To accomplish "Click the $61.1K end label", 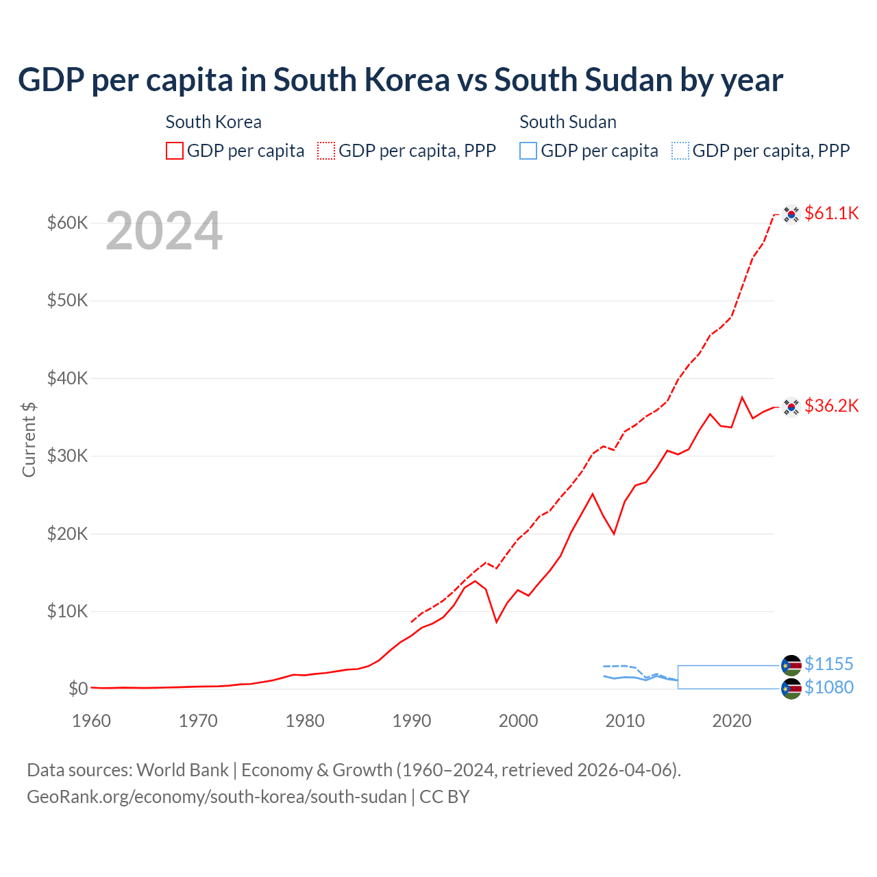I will tap(831, 213).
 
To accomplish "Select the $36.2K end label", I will tap(831, 406).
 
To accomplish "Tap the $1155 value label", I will tap(828, 664).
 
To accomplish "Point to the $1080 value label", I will tap(828, 687).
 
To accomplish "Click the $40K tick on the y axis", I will tap(67, 378).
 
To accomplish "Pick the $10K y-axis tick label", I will tap(67, 611).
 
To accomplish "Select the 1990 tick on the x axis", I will tap(412, 721).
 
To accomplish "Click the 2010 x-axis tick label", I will tap(625, 721).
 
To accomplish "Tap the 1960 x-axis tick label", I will tap(91, 721).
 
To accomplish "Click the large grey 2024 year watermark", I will tap(164, 231).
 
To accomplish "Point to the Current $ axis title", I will tap(29, 439).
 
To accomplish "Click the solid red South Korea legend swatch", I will tap(175, 151).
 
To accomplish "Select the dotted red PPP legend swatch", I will tap(326, 151).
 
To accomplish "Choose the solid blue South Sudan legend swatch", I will tap(528, 151).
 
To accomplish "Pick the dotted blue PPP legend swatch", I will tap(680, 151).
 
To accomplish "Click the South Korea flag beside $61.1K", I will tap(791, 214).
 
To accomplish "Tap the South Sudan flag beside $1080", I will tap(791, 689).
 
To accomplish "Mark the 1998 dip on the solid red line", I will tap(497, 621).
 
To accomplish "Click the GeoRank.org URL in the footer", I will tap(217, 797).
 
